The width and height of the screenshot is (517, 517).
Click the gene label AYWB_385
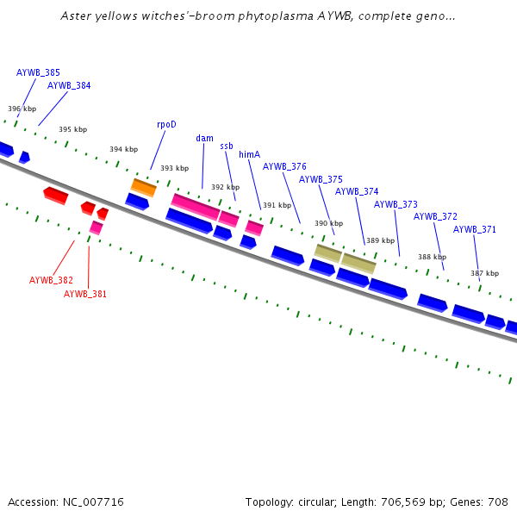coord(38,72)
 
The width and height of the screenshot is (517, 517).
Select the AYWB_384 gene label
coord(69,85)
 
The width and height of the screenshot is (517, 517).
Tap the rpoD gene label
coord(166,124)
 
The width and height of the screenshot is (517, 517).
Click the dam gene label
coord(204,138)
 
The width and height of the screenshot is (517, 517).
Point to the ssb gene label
coord(227,146)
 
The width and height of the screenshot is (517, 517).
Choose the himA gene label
coord(249,154)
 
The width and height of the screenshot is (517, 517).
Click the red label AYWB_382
coord(51,280)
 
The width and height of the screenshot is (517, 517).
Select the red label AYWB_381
coord(85,294)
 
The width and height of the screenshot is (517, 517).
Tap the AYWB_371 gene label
coord(475,229)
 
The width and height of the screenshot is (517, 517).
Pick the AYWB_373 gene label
coord(396,204)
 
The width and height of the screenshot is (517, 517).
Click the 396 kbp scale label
coord(22,109)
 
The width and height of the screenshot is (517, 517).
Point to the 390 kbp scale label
coord(328,223)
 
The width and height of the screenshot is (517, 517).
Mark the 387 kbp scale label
coord(484,273)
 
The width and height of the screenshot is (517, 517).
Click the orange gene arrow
coord(143,187)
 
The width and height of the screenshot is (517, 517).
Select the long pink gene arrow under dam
coord(195,207)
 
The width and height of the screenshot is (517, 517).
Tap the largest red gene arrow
coord(55,195)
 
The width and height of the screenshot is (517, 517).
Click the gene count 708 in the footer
coord(498,501)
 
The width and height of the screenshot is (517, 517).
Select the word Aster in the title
coord(76,16)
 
